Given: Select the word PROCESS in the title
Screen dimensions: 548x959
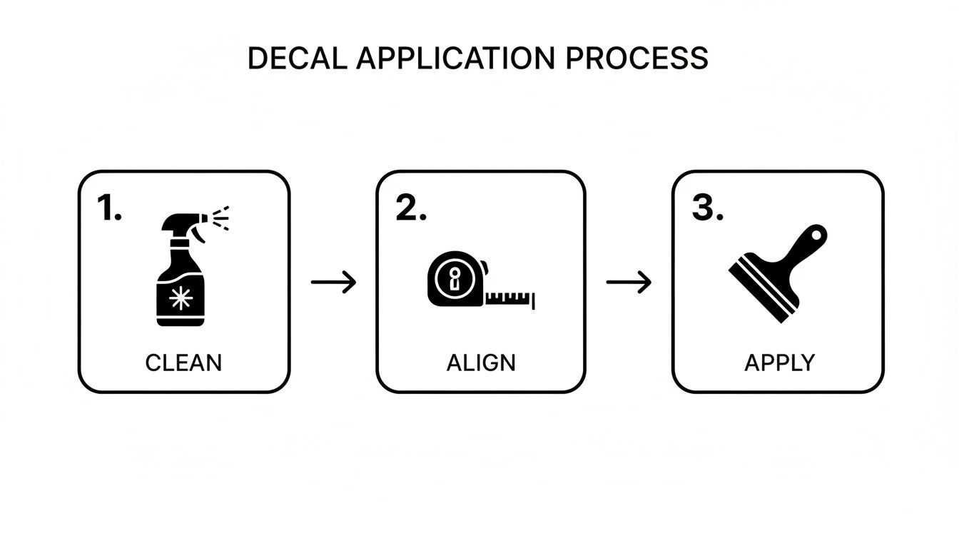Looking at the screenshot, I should (637, 59).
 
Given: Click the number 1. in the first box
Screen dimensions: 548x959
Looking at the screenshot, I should (108, 208).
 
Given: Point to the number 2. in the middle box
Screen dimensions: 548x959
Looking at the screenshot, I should (411, 208).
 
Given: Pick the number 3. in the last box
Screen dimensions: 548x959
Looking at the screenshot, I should (707, 208).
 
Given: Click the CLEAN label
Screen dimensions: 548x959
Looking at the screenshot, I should (183, 362).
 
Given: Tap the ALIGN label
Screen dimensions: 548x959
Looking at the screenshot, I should (481, 362).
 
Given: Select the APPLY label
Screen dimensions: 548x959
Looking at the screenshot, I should (779, 362).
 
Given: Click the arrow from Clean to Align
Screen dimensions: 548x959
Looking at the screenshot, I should (333, 282).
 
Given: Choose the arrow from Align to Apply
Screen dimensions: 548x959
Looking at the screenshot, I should (629, 282).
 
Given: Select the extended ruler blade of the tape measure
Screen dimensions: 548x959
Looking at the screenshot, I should (511, 298).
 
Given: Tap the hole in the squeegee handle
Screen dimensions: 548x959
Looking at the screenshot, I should (818, 235).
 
